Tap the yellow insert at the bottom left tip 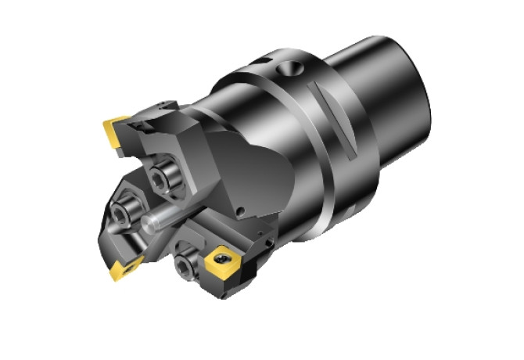(x=124, y=269)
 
